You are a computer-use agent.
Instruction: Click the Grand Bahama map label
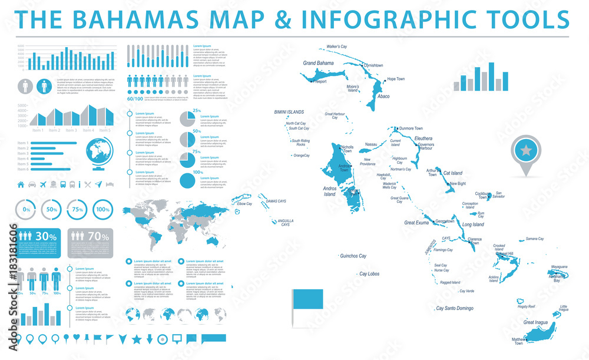pyautogui.click(x=318, y=63)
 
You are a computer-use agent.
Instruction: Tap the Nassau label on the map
pyautogui.click(x=371, y=144)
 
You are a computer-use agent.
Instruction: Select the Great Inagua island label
pyautogui.click(x=537, y=322)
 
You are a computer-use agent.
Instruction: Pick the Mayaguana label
pyautogui.click(x=559, y=267)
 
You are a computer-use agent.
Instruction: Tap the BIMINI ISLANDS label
pyautogui.click(x=289, y=112)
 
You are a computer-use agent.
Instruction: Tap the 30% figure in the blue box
pyautogui.click(x=49, y=236)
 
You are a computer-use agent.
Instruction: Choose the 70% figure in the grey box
pyautogui.click(x=98, y=236)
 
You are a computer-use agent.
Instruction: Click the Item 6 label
pyautogui.click(x=23, y=169)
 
